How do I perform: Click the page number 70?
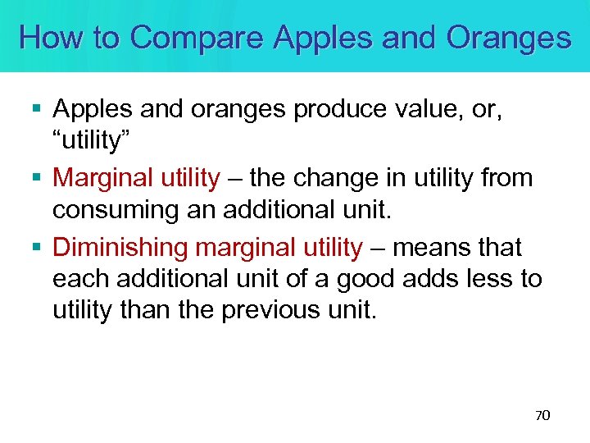(542, 416)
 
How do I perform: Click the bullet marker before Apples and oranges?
(37, 108)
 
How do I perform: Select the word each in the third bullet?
(81, 279)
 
